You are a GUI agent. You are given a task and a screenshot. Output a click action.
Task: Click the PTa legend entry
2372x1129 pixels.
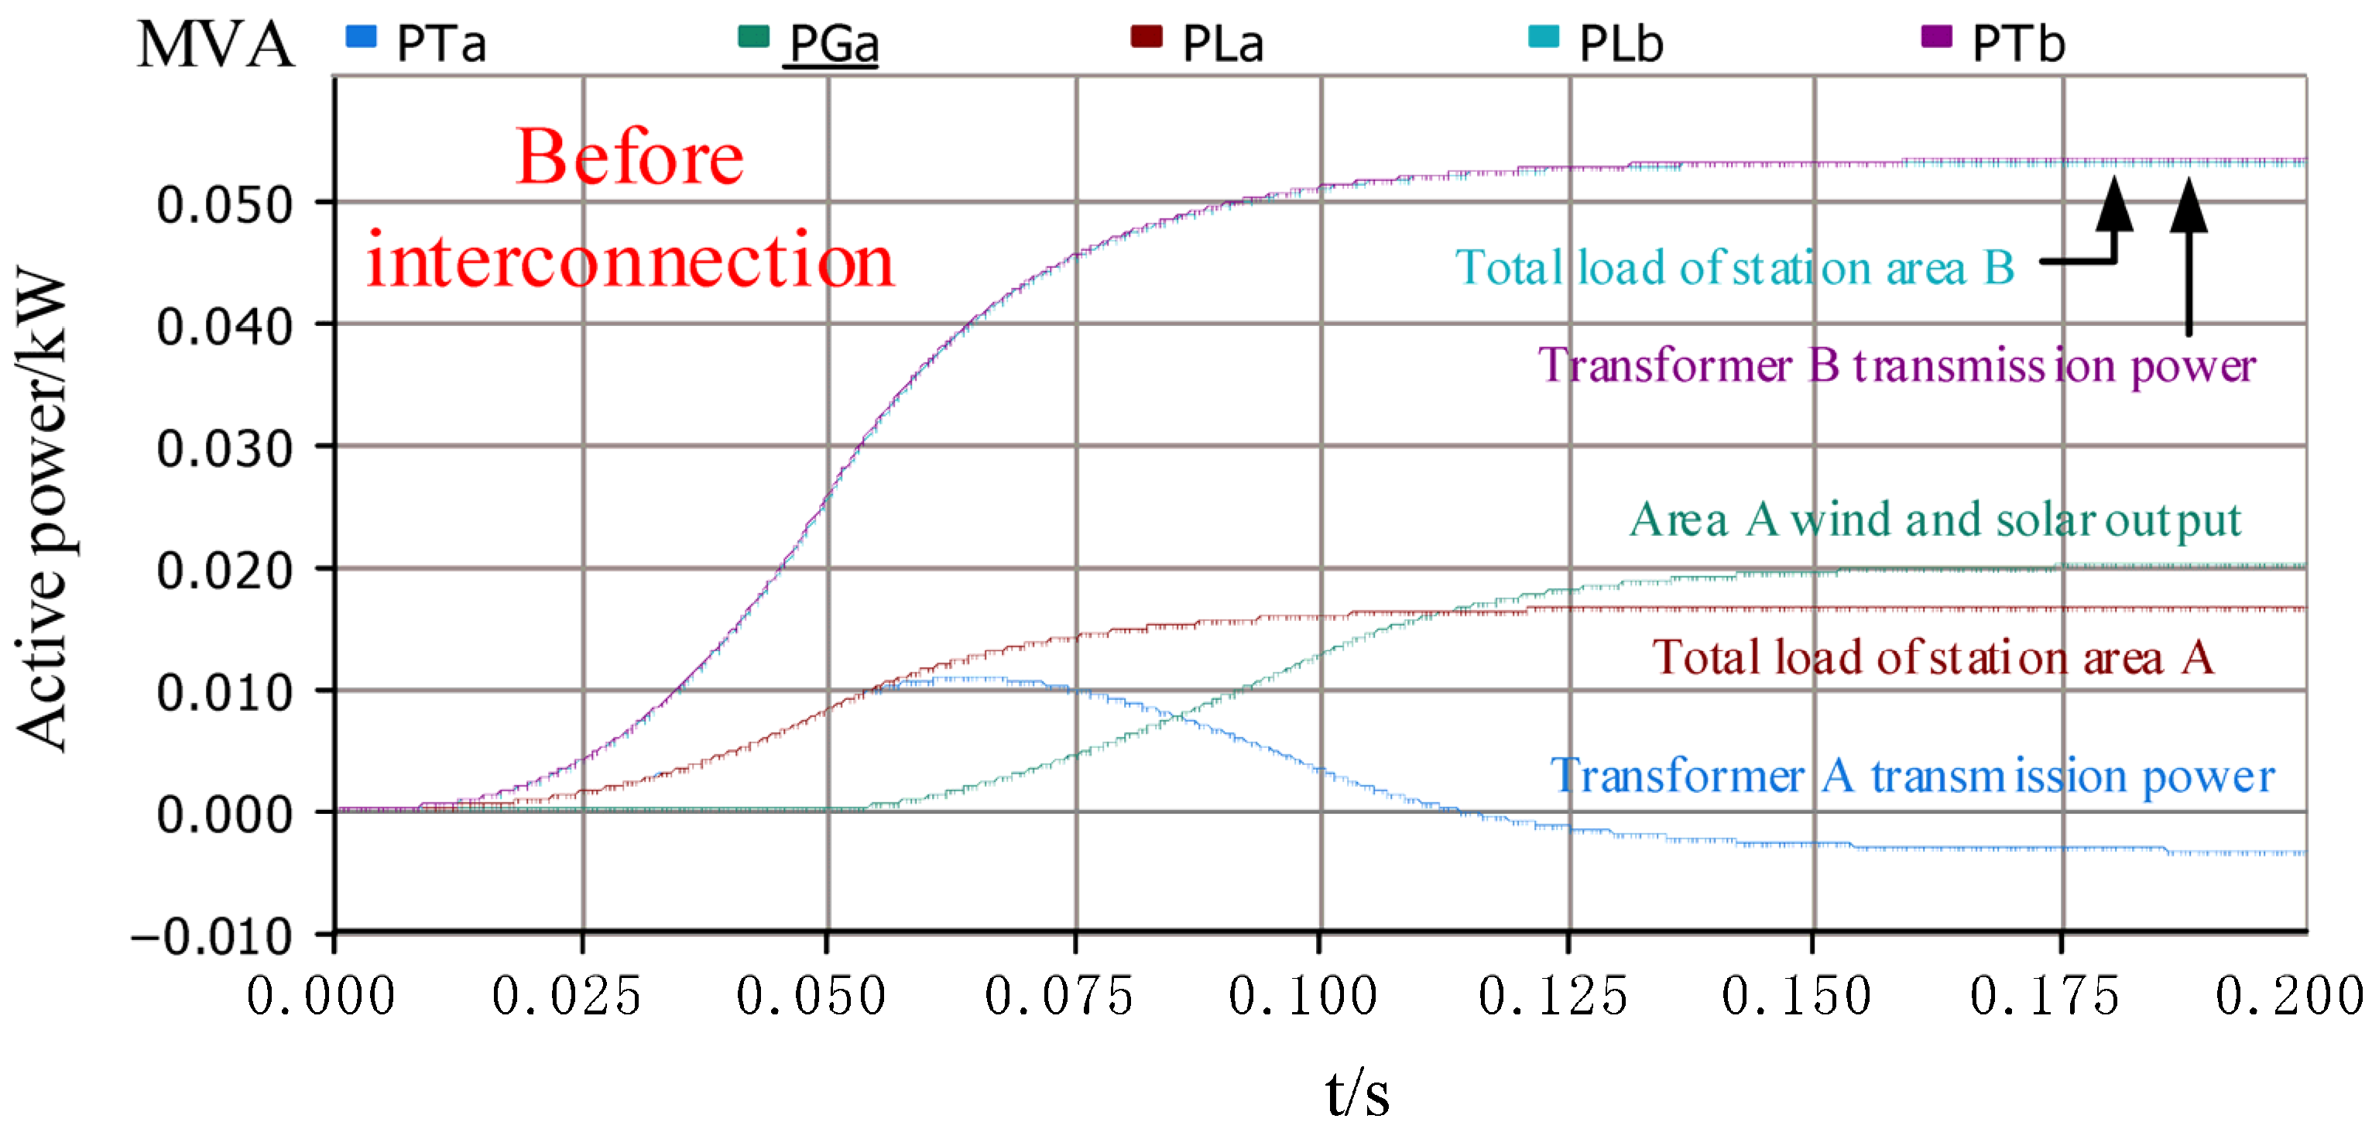tap(416, 43)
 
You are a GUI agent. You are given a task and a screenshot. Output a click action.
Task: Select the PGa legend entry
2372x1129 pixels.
tap(811, 43)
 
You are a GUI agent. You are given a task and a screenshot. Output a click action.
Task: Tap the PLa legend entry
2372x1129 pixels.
tap(1199, 43)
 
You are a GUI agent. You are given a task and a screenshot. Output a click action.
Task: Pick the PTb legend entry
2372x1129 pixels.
tap(1994, 43)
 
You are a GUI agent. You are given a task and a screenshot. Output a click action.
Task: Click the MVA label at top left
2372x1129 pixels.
tap(215, 44)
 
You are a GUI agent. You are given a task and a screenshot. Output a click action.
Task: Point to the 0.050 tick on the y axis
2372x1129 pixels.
tap(225, 204)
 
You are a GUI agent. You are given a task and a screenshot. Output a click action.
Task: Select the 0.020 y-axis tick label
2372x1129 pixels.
tap(225, 571)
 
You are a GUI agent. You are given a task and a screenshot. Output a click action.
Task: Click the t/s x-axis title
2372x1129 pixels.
tap(1357, 1094)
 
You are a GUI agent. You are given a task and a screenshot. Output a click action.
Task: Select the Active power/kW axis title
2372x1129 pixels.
tap(43, 511)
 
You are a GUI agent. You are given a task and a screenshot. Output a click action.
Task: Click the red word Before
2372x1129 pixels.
tap(630, 159)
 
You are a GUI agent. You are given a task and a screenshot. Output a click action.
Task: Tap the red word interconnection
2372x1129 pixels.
tap(630, 262)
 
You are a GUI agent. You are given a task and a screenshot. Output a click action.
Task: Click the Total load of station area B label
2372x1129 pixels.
tap(1735, 269)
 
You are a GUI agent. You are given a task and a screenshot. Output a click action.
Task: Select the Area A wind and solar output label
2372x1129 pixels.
tap(1935, 520)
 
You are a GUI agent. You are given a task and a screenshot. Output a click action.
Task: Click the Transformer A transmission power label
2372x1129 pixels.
tap(1911, 777)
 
